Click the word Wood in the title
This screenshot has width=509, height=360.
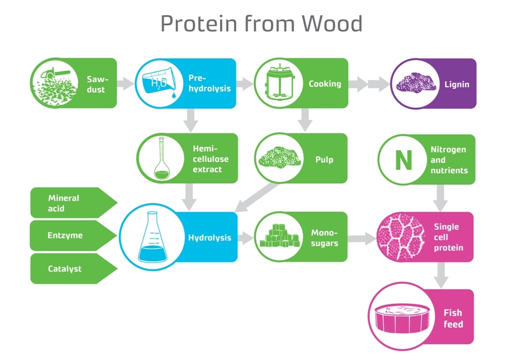[332, 24]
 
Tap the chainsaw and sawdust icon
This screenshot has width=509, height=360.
[55, 84]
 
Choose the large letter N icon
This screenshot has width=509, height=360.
[404, 160]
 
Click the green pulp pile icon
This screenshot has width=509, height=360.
[280, 157]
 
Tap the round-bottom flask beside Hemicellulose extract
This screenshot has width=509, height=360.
[161, 159]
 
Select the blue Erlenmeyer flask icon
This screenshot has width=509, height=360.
[153, 237]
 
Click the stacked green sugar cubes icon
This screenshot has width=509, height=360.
[280, 236]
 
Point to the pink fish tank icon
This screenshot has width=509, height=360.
[402, 318]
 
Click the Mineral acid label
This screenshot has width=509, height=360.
[64, 203]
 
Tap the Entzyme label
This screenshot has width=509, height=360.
[65, 235]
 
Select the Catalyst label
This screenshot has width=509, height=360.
[65, 268]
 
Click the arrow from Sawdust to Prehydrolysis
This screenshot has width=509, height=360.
[125, 84]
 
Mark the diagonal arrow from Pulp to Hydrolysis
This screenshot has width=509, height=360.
[257, 198]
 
